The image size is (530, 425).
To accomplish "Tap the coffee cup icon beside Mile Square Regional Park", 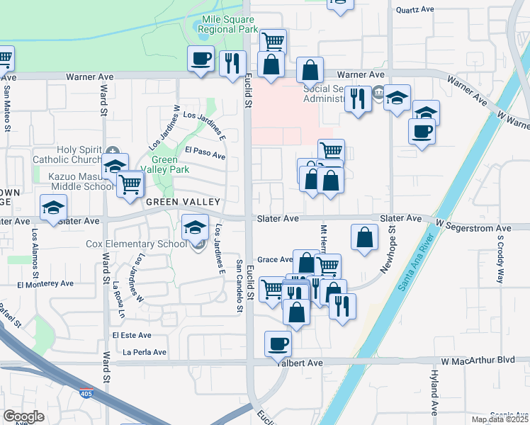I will [x=201, y=58].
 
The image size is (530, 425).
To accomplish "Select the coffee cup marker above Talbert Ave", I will [x=278, y=345].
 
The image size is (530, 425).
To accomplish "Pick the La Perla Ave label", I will [x=145, y=352].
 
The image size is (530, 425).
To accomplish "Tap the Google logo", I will [x=23, y=416].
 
